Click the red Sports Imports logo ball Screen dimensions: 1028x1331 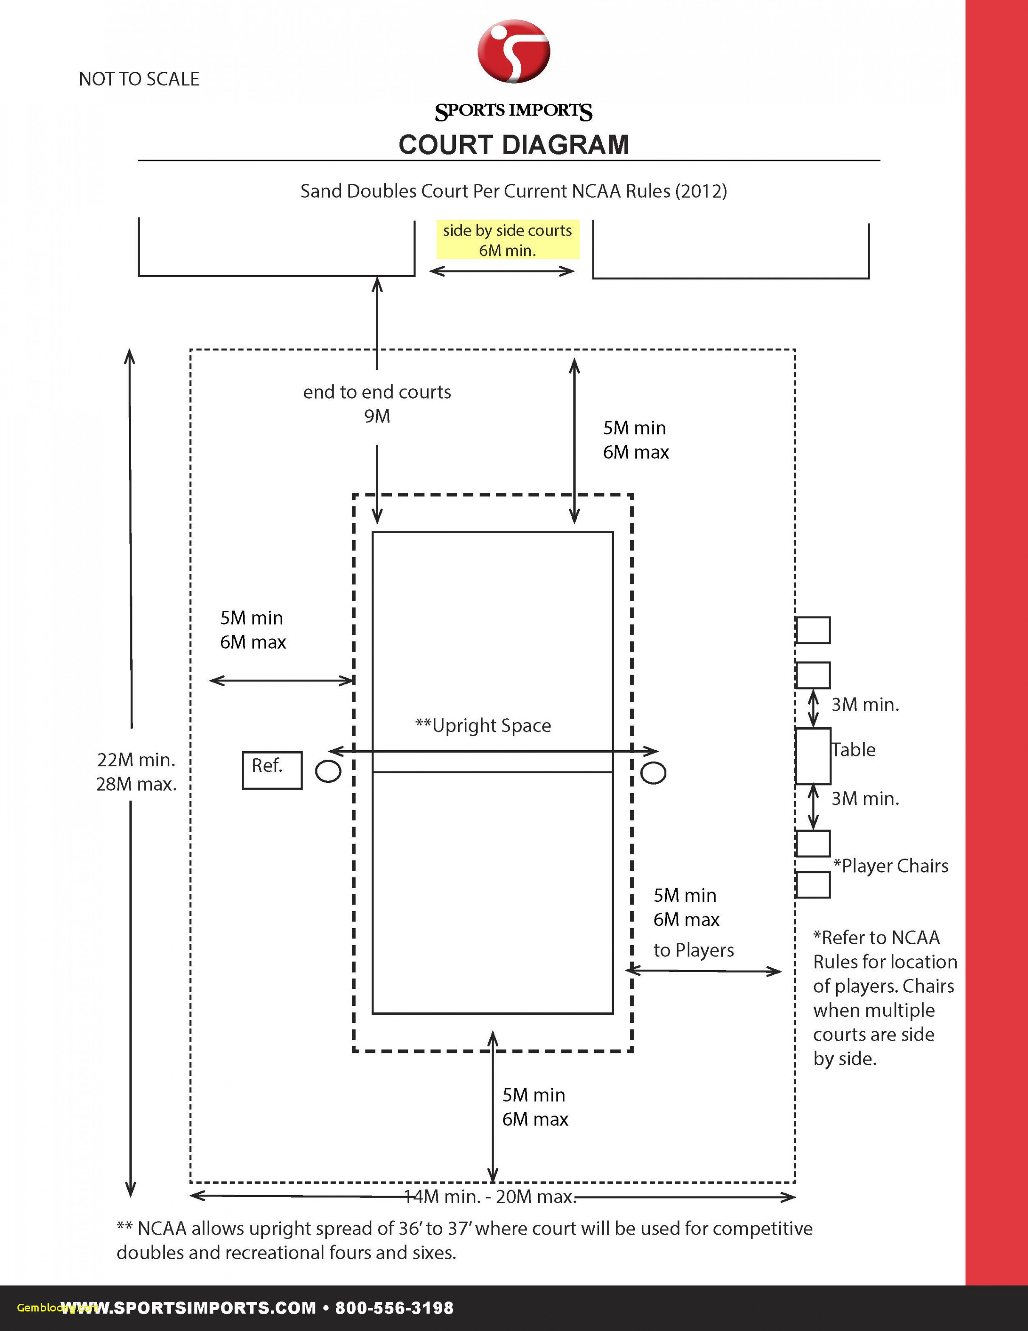click(514, 51)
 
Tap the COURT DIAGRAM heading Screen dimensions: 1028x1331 click(514, 145)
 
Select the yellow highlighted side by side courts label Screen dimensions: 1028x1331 click(508, 239)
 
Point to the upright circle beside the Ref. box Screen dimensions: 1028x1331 click(328, 771)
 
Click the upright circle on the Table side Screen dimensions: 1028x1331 click(653, 773)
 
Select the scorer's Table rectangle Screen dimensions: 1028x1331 click(813, 756)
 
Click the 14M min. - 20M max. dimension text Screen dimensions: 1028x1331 click(491, 1197)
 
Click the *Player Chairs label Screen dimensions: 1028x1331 click(891, 866)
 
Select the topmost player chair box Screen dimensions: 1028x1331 click(813, 630)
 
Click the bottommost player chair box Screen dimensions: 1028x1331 click(813, 885)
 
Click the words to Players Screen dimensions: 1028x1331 click(694, 950)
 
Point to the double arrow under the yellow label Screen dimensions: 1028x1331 click(502, 271)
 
